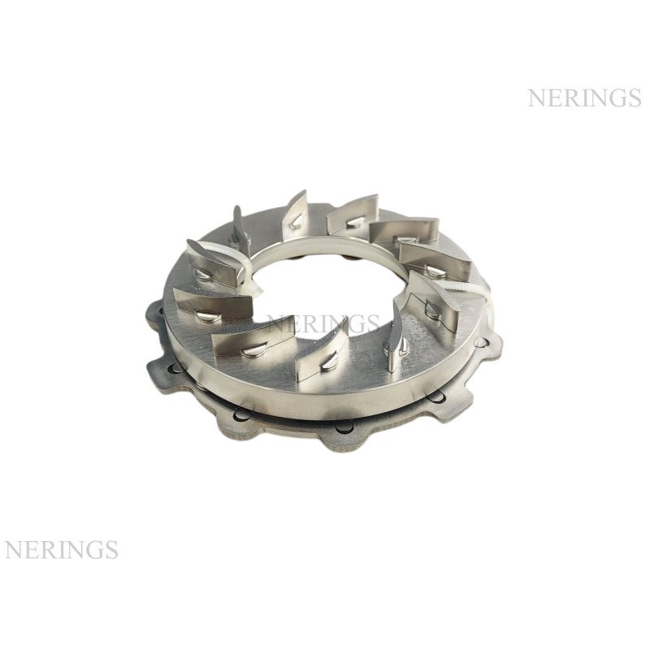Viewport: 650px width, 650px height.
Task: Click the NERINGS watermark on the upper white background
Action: coord(584,97)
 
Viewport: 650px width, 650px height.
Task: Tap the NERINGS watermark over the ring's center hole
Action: coord(323,323)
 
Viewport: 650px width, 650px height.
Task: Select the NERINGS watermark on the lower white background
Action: coord(62,549)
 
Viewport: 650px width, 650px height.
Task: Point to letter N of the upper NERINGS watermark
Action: coord(536,97)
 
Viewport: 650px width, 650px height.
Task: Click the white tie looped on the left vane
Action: coord(246,269)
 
